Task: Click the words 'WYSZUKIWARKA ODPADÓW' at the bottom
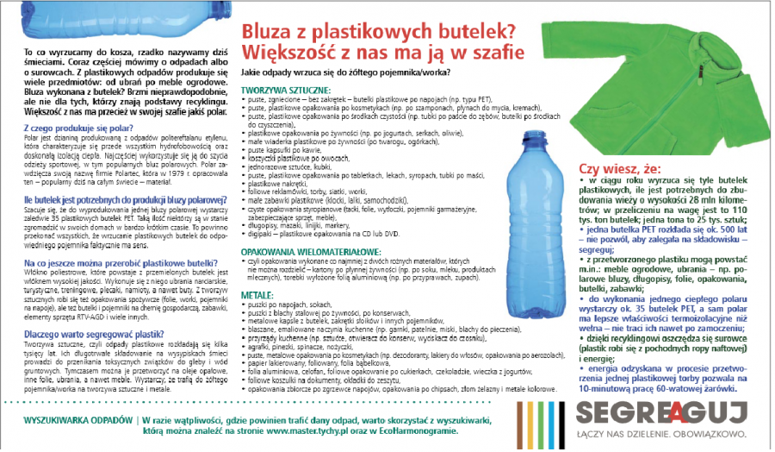(78, 420)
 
